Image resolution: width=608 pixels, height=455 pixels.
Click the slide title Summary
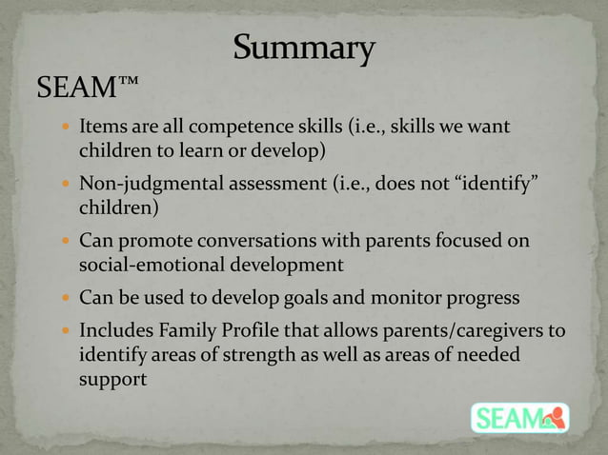[x=304, y=49]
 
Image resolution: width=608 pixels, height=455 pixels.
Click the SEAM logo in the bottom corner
[x=519, y=418]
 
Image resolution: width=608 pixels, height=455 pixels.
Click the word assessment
[x=270, y=183]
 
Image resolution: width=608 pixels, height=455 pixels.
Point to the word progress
[x=476, y=298]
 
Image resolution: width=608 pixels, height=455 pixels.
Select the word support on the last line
[x=112, y=378]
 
